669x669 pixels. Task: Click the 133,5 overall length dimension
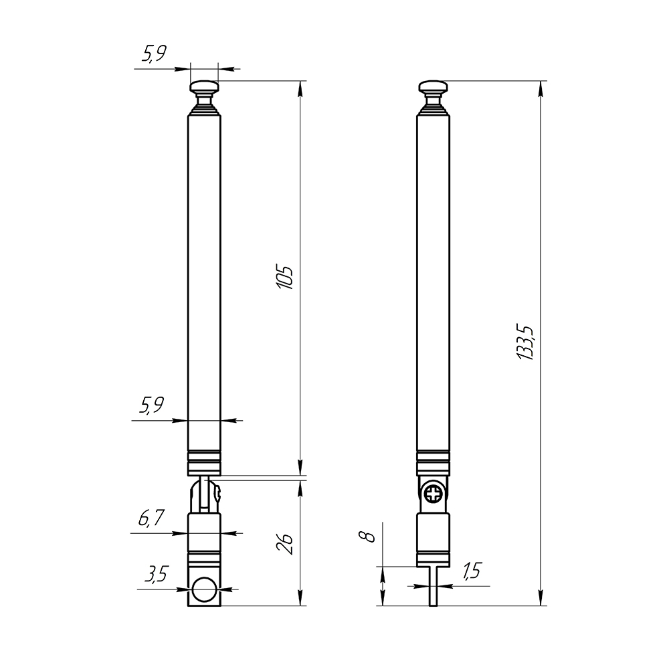pos(525,343)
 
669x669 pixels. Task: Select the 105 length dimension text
pos(285,278)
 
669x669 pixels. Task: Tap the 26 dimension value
pos(285,543)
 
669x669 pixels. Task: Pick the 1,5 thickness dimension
pos(472,571)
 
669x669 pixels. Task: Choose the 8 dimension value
pos(367,537)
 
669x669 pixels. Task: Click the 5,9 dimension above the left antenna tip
pos(154,54)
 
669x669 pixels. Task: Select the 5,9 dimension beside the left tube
pos(151,405)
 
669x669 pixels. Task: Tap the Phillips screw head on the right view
pos(434,495)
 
